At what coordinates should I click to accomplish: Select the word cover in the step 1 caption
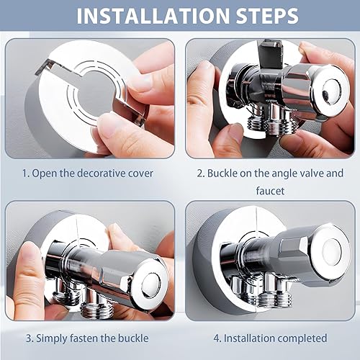[x=140, y=174]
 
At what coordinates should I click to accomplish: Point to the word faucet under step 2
[x=270, y=191]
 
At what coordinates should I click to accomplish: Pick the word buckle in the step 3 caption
[x=133, y=338]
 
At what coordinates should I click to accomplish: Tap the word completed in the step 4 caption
[x=300, y=338]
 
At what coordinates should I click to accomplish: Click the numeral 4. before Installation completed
[x=217, y=338]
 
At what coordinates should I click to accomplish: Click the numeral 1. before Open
[x=25, y=174]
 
